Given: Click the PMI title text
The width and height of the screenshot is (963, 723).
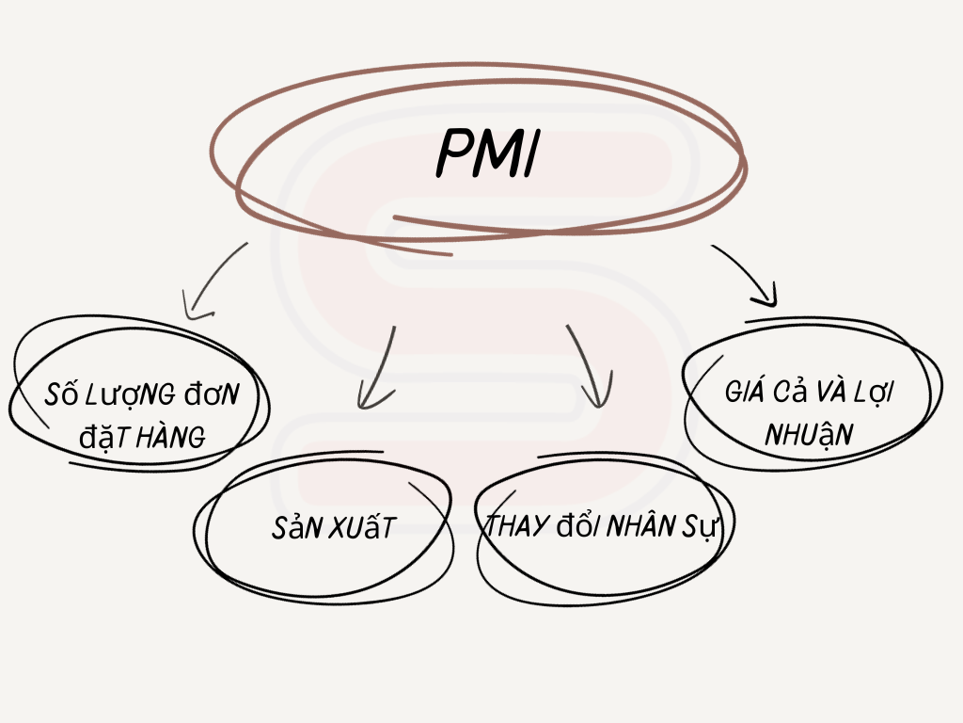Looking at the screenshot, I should (487, 153).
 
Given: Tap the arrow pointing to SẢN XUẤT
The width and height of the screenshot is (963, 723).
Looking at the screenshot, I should (378, 367).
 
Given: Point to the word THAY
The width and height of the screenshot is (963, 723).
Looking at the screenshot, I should (516, 527).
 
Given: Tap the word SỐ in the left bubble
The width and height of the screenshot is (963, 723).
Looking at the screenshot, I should (61, 394).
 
